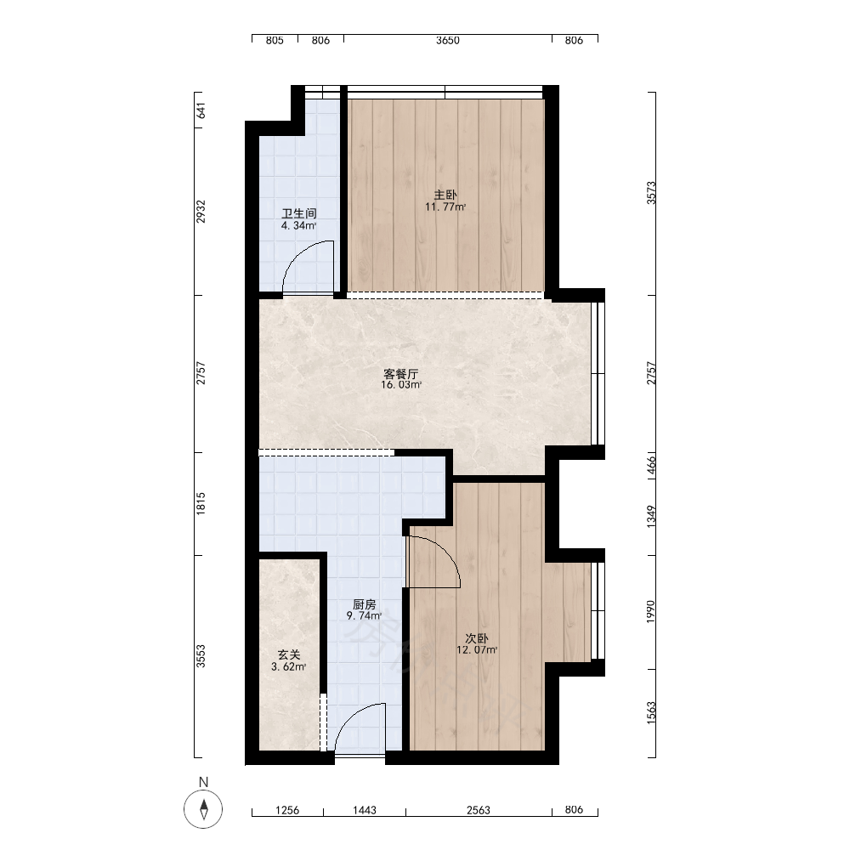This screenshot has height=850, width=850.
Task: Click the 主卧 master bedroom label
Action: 445,195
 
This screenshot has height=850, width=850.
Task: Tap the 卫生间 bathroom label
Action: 298,213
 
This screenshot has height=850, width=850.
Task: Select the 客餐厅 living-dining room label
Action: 401,373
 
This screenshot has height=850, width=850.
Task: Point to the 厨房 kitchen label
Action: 365,603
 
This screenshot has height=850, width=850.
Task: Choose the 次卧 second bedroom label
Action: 477,638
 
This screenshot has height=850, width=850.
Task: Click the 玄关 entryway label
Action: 289,655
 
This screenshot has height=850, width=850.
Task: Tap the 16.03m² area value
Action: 401,385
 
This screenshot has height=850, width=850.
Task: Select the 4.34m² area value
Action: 298,225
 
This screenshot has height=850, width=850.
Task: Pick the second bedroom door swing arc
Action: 445,550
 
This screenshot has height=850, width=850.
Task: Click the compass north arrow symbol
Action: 204,809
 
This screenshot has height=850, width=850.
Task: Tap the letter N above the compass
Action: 204,782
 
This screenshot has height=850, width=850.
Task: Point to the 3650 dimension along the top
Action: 448,40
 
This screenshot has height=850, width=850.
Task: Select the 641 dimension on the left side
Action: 201,110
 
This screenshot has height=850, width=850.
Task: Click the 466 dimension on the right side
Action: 651,465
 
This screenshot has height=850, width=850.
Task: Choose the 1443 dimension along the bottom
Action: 365,810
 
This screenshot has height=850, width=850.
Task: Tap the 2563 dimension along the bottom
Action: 479,810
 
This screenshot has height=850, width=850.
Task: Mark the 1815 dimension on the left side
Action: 201,503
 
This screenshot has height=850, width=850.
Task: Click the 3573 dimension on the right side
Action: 651,193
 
